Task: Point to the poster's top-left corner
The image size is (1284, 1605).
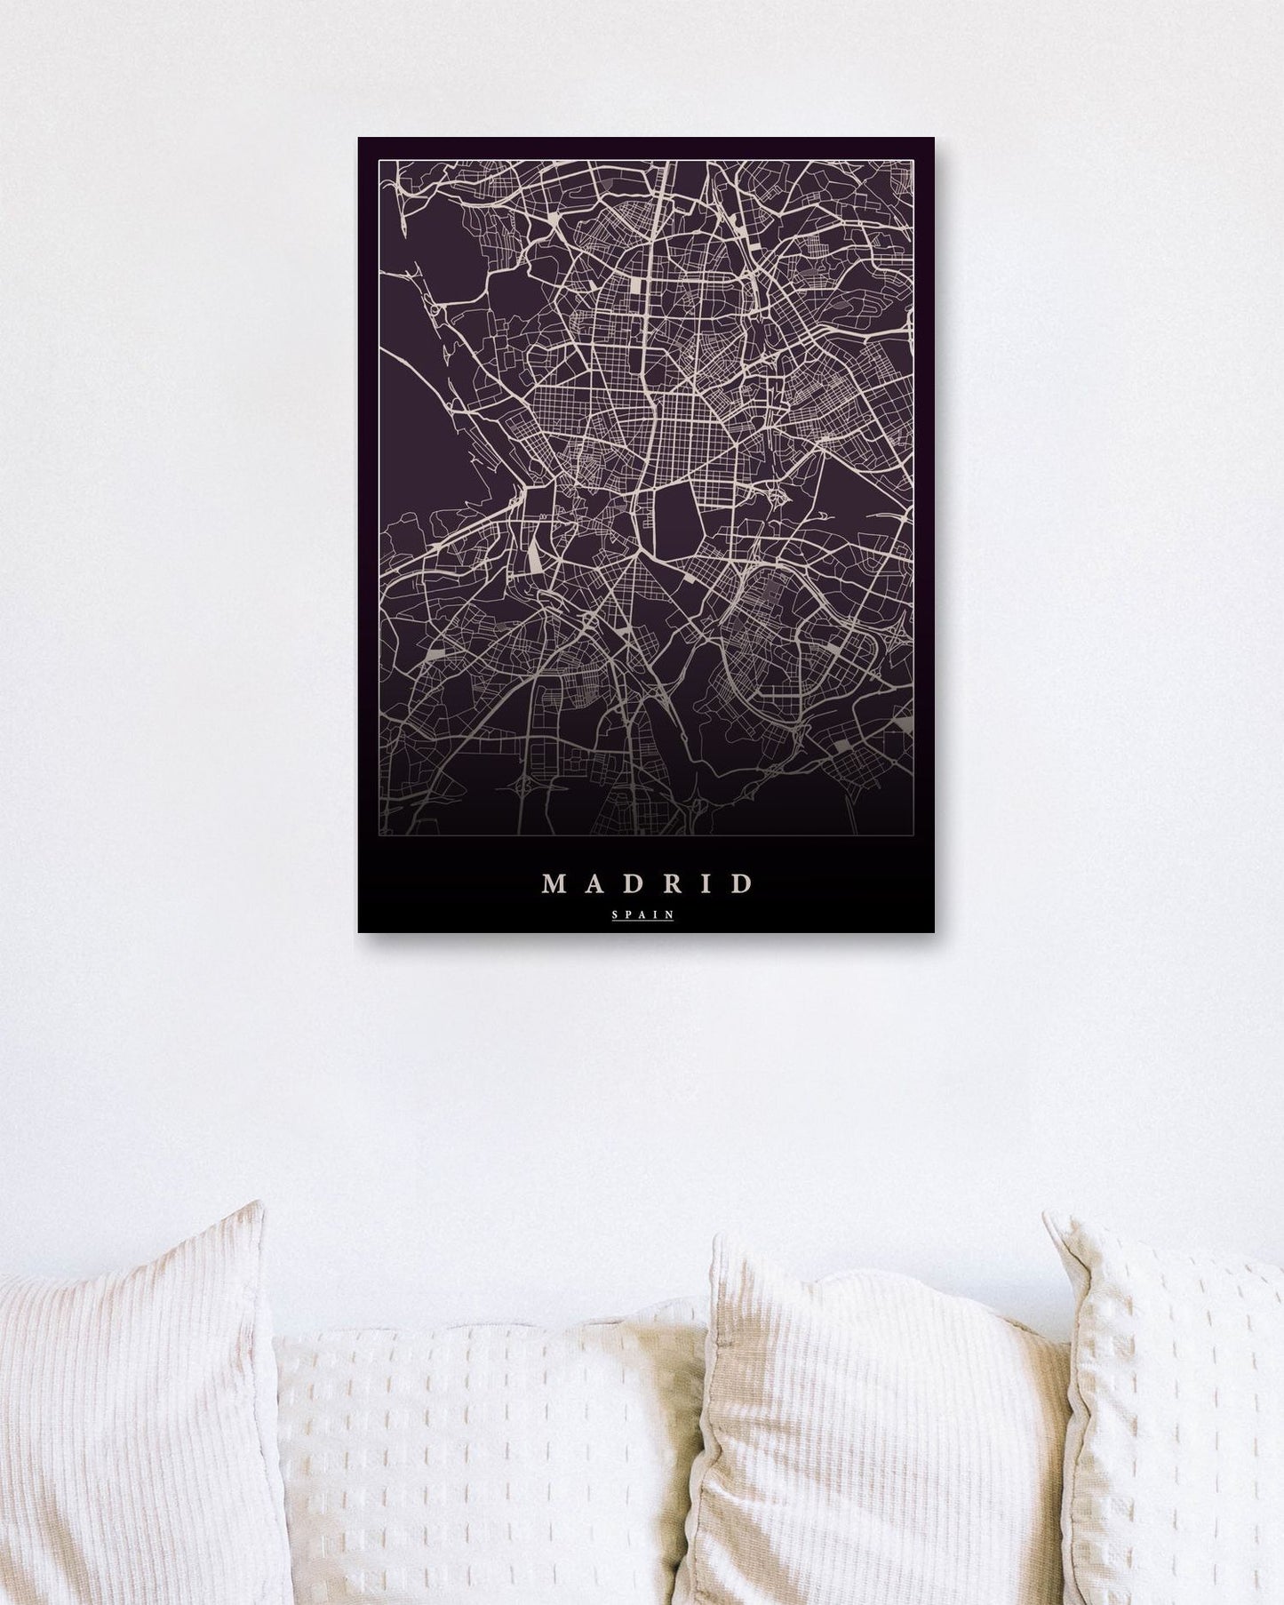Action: (x=359, y=139)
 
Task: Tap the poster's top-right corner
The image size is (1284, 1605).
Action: (x=933, y=139)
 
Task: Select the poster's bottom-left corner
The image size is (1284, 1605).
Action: (x=359, y=930)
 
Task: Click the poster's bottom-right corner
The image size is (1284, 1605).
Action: (x=933, y=930)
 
